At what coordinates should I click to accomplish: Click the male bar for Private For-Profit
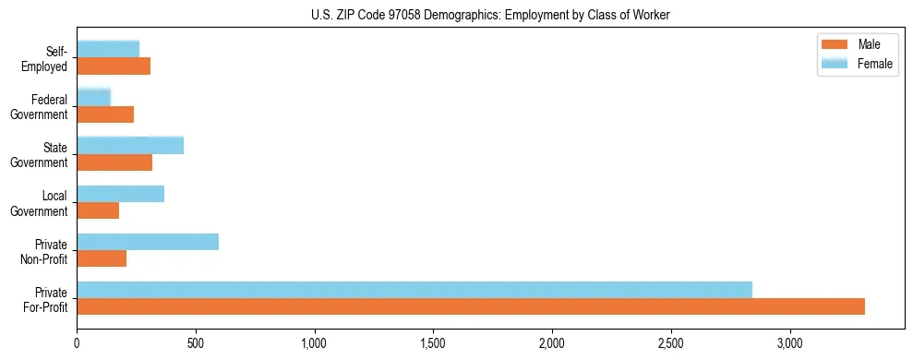tap(471, 306)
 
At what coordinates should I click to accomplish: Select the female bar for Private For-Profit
tap(414, 290)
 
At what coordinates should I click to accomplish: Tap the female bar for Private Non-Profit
tap(148, 242)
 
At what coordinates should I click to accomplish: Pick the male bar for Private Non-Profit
tap(102, 258)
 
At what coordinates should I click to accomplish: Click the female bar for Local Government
tap(121, 194)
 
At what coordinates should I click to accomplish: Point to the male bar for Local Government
tap(98, 210)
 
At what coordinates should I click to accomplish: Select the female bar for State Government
tap(130, 145)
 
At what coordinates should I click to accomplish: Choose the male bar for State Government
tap(114, 162)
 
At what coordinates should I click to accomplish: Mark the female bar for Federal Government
tap(94, 97)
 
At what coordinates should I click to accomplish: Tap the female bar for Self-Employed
tap(108, 49)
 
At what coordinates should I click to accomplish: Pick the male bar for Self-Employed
tap(114, 66)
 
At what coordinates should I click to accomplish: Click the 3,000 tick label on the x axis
tap(790, 342)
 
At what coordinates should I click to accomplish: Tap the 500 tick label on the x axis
tap(196, 342)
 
